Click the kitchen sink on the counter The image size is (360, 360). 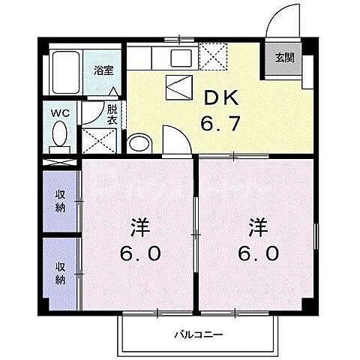point(181,58)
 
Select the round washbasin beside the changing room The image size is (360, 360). point(139,142)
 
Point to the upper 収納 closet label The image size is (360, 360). point(61,201)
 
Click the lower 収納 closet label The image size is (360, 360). point(61,272)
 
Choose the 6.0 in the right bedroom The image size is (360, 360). point(259,253)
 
